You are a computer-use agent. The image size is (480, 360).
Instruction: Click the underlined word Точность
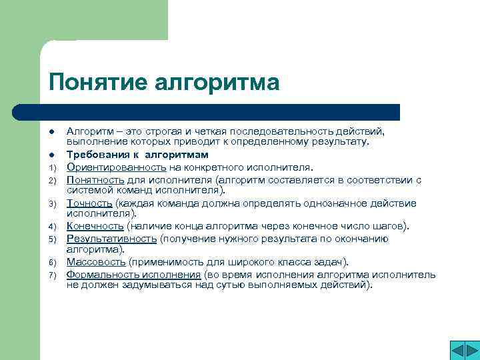(x=89, y=203)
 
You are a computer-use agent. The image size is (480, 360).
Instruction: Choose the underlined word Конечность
(x=95, y=227)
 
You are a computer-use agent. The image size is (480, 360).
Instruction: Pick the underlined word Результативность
(x=112, y=239)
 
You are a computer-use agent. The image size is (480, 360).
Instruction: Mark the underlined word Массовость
(x=96, y=262)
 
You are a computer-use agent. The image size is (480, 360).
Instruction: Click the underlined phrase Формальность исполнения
(x=134, y=275)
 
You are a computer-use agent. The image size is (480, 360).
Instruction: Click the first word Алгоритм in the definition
(x=88, y=131)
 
